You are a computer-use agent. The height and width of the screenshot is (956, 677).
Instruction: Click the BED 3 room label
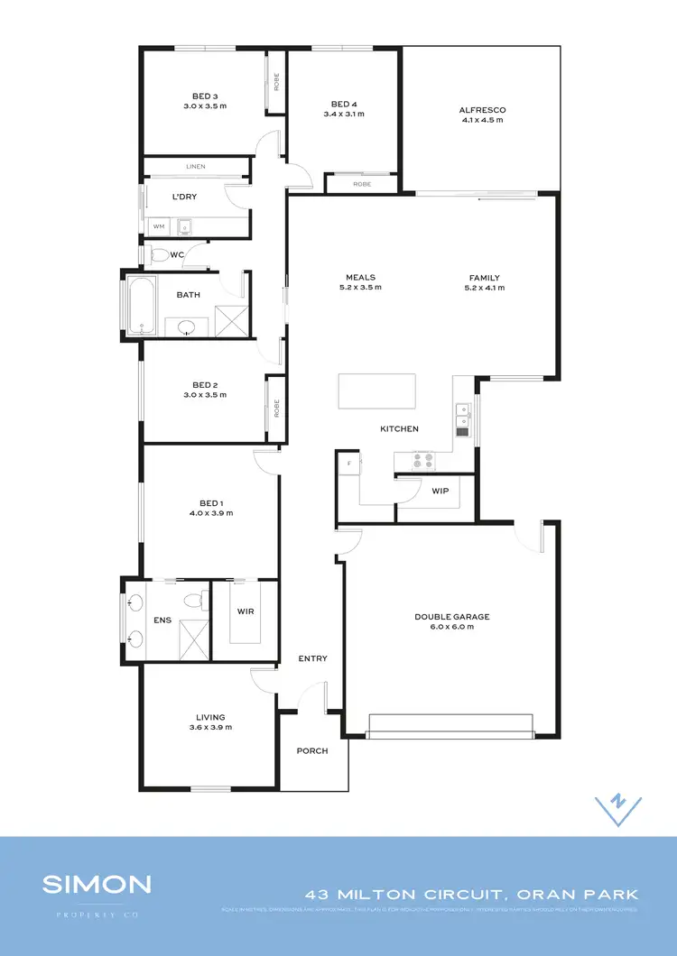point(205,96)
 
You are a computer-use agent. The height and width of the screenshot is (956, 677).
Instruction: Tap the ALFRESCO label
point(482,110)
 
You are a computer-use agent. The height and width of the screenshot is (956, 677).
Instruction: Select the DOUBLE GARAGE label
point(451,616)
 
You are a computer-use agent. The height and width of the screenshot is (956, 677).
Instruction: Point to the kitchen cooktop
point(423,460)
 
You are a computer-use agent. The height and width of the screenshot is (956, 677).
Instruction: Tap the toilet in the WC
point(159,255)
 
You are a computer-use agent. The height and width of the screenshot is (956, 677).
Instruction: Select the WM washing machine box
point(159,226)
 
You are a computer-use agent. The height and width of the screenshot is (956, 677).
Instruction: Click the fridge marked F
point(348,464)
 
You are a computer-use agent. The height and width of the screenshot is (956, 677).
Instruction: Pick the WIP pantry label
point(441,491)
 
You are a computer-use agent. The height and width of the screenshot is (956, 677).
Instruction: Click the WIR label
point(245,611)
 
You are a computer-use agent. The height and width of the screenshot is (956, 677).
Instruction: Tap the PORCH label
point(312,750)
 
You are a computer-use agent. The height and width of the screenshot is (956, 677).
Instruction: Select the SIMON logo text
point(97,884)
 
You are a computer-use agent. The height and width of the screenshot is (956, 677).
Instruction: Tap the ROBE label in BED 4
point(361,183)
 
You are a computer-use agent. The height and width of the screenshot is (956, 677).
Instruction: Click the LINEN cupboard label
point(196,166)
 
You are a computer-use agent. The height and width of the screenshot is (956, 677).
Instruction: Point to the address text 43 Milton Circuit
point(407,895)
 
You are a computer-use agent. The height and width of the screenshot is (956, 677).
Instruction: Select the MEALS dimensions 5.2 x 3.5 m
point(359,288)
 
